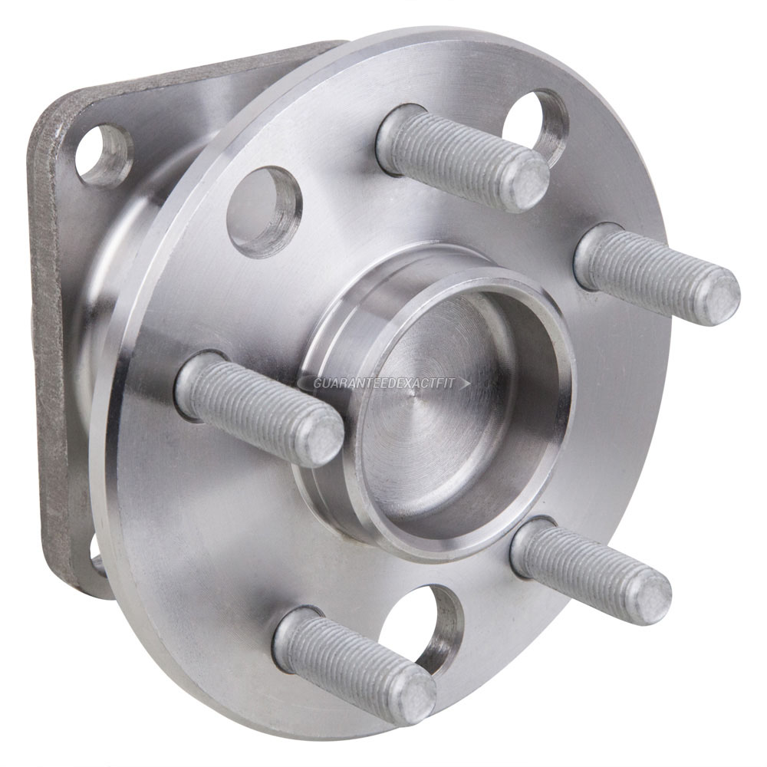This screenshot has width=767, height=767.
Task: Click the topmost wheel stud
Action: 460,158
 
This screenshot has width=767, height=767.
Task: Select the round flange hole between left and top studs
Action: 264,211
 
